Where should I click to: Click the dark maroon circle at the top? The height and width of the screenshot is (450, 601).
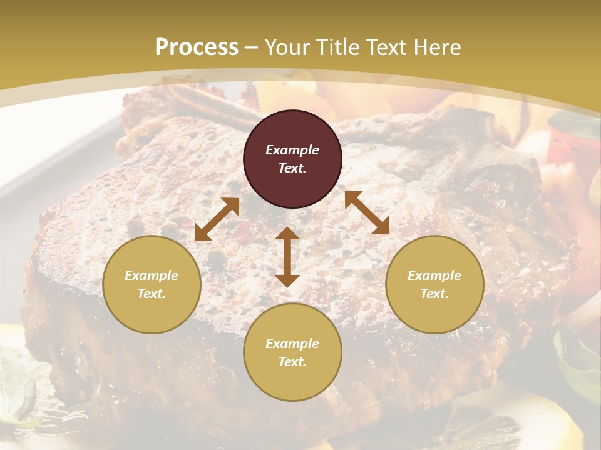(x=292, y=159)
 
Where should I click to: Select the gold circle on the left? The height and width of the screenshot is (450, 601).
(x=152, y=284)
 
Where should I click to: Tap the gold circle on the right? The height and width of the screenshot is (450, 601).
(x=434, y=284)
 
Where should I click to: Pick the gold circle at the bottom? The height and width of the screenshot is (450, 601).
(x=292, y=352)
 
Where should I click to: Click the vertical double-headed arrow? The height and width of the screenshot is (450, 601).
(x=287, y=257)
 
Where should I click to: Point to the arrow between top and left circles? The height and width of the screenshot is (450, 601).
(x=217, y=219)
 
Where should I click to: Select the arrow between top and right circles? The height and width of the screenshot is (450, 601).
(x=367, y=212)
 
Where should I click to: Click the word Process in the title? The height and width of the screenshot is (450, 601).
(x=197, y=47)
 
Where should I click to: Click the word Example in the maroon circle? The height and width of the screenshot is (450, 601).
(x=292, y=150)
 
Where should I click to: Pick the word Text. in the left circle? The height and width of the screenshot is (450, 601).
(x=152, y=294)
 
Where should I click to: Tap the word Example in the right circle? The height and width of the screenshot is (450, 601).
(x=434, y=276)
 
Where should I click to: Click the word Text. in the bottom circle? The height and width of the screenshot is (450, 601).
(x=292, y=362)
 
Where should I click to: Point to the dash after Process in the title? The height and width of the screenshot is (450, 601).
(x=251, y=47)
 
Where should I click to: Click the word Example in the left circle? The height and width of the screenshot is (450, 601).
(x=152, y=276)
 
